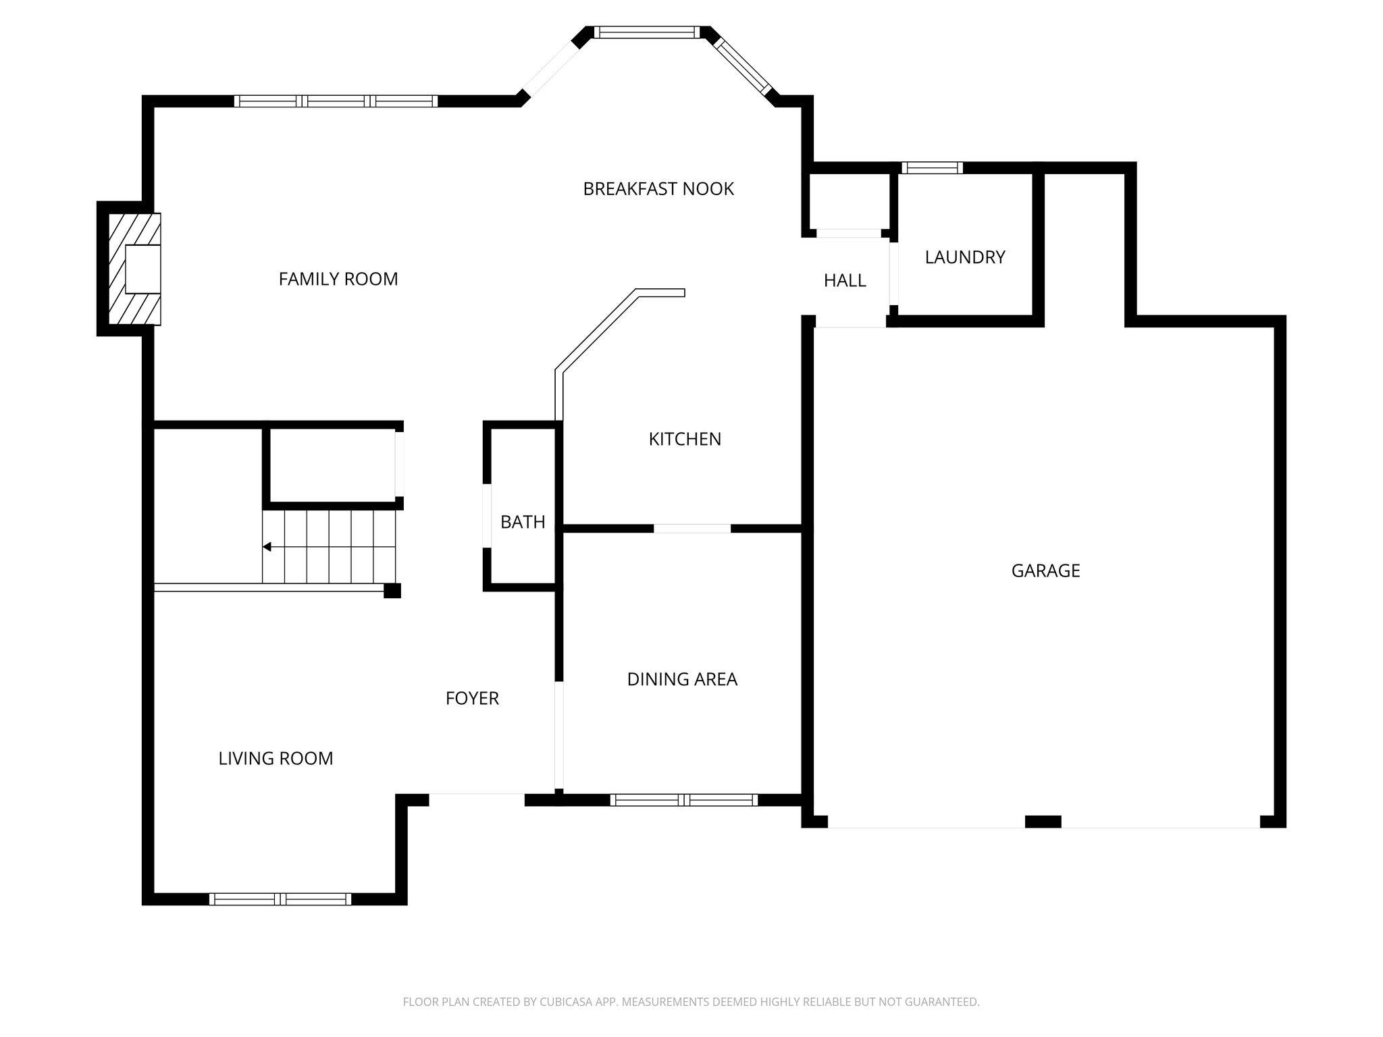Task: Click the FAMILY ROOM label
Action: click(x=338, y=279)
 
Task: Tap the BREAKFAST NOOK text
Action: click(x=658, y=189)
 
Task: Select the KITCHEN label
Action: click(x=685, y=439)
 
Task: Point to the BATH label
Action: click(x=523, y=522)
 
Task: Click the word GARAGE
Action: click(x=1045, y=571)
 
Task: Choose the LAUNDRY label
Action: click(x=965, y=257)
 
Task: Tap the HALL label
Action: click(x=845, y=280)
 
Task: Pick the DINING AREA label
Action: click(x=682, y=679)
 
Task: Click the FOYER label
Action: click(x=472, y=698)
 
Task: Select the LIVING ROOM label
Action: click(x=276, y=759)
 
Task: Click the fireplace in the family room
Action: click(x=135, y=269)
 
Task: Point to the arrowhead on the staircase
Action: click(x=267, y=547)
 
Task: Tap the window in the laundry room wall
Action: click(x=933, y=168)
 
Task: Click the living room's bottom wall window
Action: click(x=280, y=899)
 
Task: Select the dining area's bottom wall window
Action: click(x=684, y=800)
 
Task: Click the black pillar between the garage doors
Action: click(x=1043, y=822)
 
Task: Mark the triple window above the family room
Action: click(x=336, y=101)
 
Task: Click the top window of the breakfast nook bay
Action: click(x=648, y=32)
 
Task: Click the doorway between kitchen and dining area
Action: click(x=692, y=529)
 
